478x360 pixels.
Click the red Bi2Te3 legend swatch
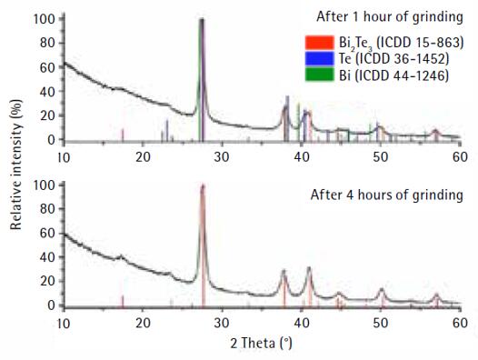point(319,43)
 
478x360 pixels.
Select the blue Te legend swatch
point(319,58)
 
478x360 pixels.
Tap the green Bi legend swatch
point(319,75)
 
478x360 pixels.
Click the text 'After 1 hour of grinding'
point(390,16)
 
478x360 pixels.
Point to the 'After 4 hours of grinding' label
point(386,195)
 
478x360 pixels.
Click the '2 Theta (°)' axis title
point(261,344)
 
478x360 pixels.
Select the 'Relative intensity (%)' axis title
point(16,165)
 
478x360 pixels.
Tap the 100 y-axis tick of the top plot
point(45,19)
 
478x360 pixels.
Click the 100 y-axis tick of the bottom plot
point(45,185)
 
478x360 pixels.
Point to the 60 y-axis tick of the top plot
point(47,67)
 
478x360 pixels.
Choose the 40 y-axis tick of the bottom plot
point(47,257)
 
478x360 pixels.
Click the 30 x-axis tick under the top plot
point(222,157)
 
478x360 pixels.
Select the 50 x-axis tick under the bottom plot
point(381,323)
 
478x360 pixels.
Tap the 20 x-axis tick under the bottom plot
point(143,323)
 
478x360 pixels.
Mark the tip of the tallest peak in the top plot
point(202,19)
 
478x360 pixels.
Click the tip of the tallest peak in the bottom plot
point(203,185)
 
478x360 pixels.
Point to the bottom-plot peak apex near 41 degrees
point(309,267)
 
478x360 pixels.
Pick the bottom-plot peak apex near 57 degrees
point(436,295)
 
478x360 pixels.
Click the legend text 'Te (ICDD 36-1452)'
point(393,58)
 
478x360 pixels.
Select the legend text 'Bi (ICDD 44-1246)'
point(393,75)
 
